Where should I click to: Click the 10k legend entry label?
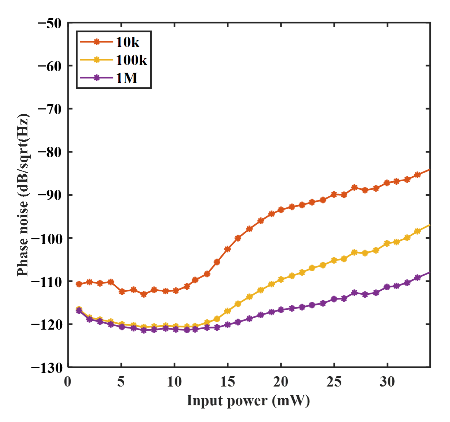[127, 42]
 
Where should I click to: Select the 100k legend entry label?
[131, 60]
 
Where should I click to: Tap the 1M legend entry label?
[126, 78]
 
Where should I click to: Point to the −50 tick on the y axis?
[49, 24]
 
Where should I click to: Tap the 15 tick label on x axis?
[227, 382]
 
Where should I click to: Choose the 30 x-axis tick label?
[387, 382]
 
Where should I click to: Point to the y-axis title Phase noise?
[23, 195]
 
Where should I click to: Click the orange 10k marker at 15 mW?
[227, 249]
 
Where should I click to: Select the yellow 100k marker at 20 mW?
[281, 279]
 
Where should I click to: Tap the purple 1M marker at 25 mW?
[334, 299]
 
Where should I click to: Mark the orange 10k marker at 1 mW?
[79, 284]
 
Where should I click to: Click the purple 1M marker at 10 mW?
[176, 329]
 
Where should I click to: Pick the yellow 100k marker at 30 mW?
[387, 243]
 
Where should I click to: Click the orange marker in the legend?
[96, 42]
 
